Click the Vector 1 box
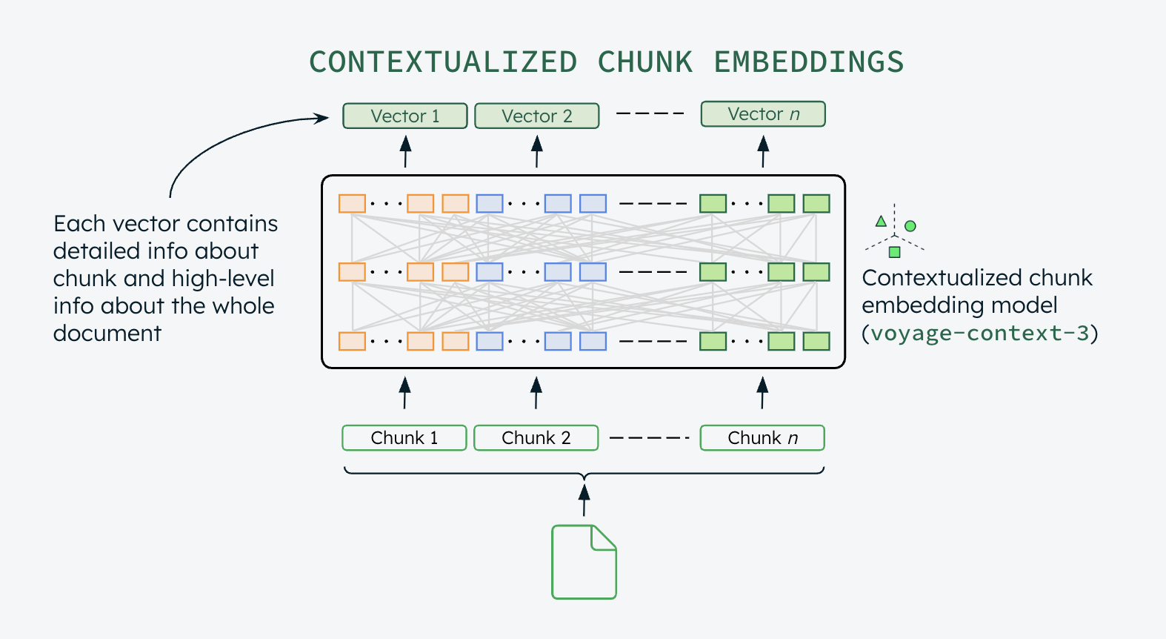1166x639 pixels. [x=404, y=116]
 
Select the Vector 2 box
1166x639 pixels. [x=536, y=116]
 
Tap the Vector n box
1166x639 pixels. [x=763, y=114]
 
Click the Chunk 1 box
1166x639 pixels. [x=404, y=437]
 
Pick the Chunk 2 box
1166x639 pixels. [x=536, y=437]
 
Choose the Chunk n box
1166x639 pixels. [x=762, y=437]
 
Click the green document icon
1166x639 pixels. [x=584, y=562]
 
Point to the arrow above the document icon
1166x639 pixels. [x=584, y=500]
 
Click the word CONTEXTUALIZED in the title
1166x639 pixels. [x=443, y=62]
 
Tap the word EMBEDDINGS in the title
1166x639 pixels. [x=808, y=62]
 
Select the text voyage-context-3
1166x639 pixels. [x=979, y=333]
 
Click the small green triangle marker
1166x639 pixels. [x=881, y=221]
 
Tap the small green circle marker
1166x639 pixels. [x=910, y=226]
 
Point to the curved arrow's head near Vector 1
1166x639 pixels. [x=322, y=118]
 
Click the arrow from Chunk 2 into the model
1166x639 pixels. [x=536, y=393]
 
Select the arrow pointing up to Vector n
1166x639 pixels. [x=763, y=151]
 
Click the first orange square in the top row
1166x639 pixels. [x=352, y=203]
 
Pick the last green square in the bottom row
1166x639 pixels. [x=816, y=341]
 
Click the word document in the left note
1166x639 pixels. [x=107, y=334]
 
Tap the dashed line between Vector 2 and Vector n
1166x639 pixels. [x=650, y=113]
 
